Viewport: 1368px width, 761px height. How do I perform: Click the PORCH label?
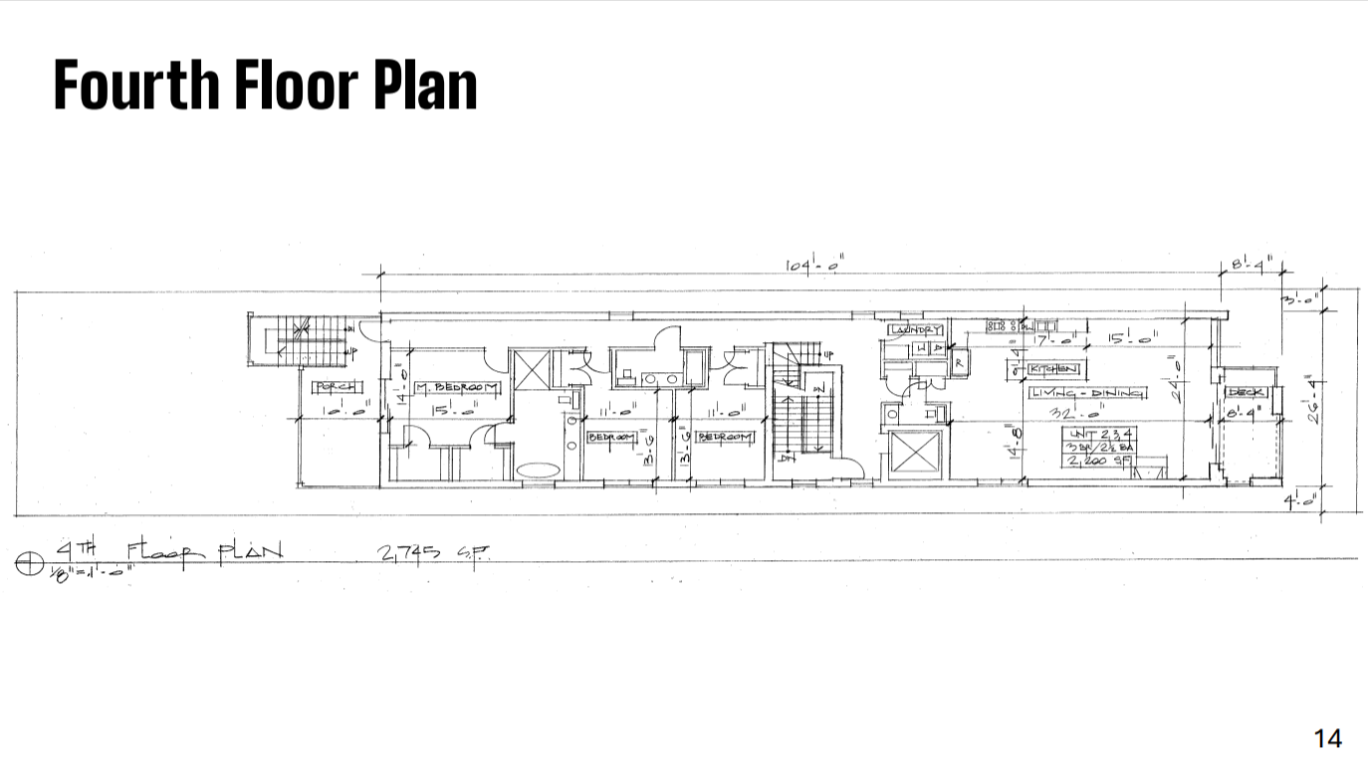[x=338, y=387]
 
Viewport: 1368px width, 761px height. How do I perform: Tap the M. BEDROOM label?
[x=458, y=386]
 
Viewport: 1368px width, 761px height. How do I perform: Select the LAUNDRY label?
[x=915, y=329]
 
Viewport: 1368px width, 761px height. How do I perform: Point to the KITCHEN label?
[x=1054, y=369]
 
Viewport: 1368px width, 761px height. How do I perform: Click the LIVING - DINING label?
[x=1087, y=393]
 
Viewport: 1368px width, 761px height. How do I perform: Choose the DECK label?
[x=1246, y=392]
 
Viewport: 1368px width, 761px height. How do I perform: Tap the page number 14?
[x=1327, y=738]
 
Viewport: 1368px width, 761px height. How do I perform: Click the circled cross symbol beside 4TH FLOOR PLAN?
[x=29, y=564]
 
